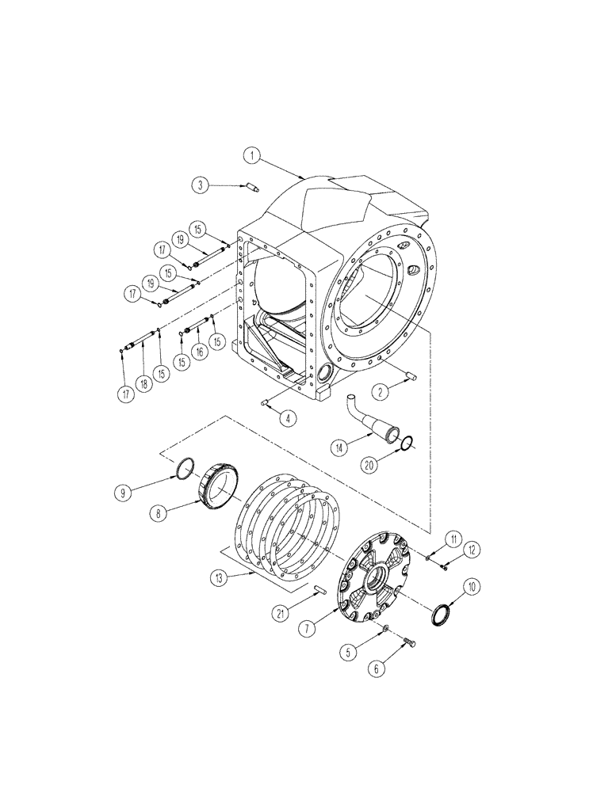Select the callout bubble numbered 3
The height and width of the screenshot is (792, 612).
click(x=201, y=185)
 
